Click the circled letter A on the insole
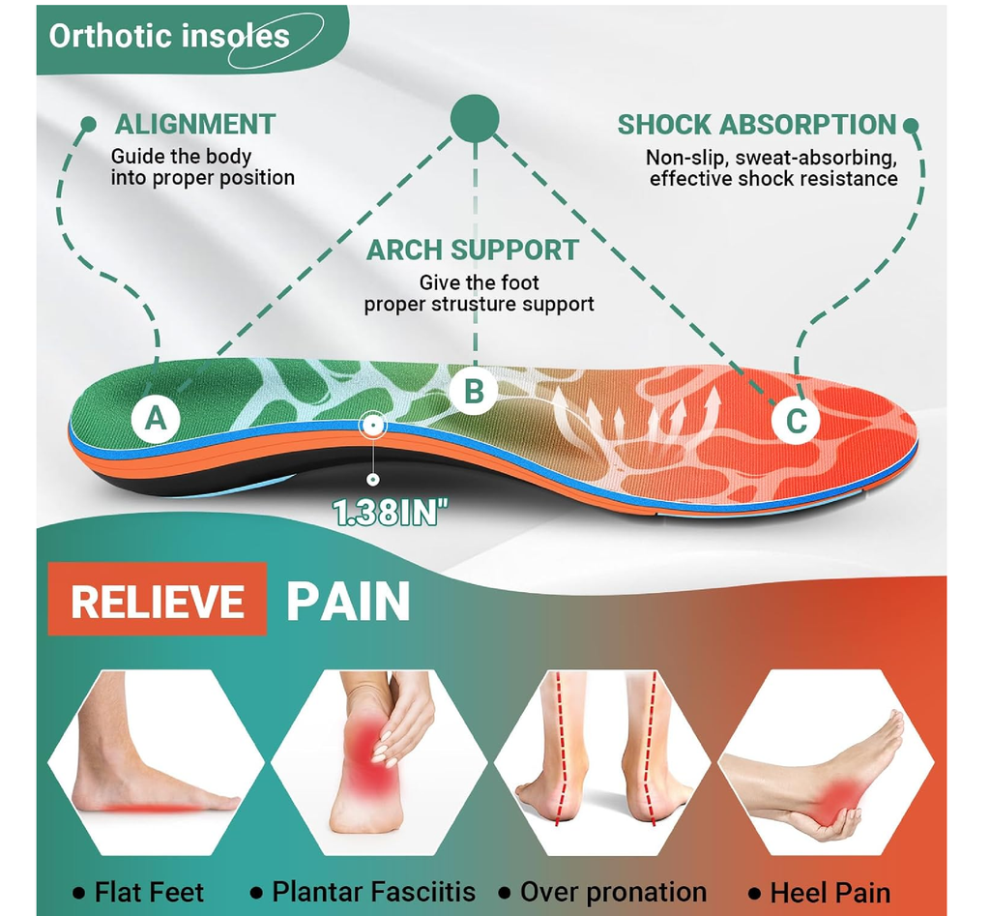[156, 418]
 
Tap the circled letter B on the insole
[474, 391]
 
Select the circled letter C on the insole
[797, 421]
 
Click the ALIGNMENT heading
[195, 124]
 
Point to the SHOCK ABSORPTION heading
[756, 125]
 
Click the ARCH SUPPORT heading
[473, 251]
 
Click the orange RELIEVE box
[158, 599]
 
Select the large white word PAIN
[348, 602]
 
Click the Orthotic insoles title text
[169, 36]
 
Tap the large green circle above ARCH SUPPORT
[475, 119]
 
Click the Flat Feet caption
[149, 893]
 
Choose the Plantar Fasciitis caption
[373, 892]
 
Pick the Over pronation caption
[613, 892]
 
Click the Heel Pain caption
[830, 893]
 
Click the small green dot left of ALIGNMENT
[89, 124]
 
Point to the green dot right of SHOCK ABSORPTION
[911, 125]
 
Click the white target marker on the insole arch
[373, 426]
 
